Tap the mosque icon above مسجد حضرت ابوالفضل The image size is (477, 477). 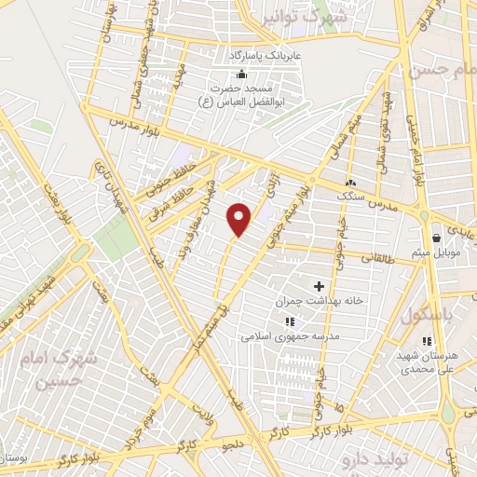242,75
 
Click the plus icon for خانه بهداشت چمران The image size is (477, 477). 319,286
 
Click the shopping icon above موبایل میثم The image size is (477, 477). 436,238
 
